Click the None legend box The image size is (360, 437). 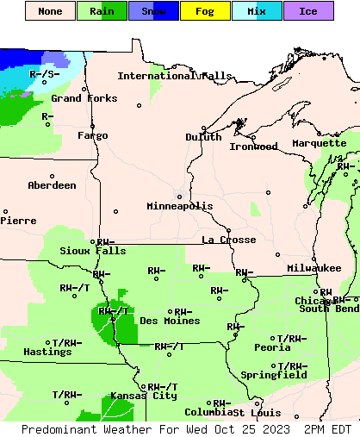(50, 11)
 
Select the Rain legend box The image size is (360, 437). (102, 11)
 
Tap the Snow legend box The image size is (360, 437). (153, 11)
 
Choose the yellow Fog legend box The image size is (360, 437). (205, 11)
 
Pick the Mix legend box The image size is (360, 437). (257, 11)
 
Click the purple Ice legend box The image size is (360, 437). (308, 11)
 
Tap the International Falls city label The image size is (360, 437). (175, 76)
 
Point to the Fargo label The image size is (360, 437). (93, 135)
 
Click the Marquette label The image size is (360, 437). (319, 143)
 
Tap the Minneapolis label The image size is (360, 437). (179, 206)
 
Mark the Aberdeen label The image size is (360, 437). (52, 185)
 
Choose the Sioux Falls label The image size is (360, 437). (87, 251)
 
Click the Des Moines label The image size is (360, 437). (170, 321)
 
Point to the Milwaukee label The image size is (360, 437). (314, 269)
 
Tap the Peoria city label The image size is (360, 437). (272, 347)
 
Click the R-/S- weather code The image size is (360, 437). (44, 74)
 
